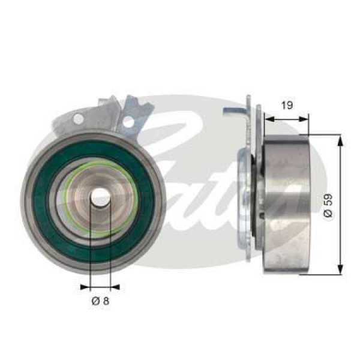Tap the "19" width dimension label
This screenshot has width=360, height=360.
pos(287,105)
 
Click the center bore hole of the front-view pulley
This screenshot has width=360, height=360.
pos(100,198)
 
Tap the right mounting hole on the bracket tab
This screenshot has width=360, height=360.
pos(128,122)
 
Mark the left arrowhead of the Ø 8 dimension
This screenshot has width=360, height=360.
pos(85,287)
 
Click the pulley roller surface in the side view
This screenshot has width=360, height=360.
pos(285,204)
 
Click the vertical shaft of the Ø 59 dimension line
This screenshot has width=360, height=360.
pos(341,180)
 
